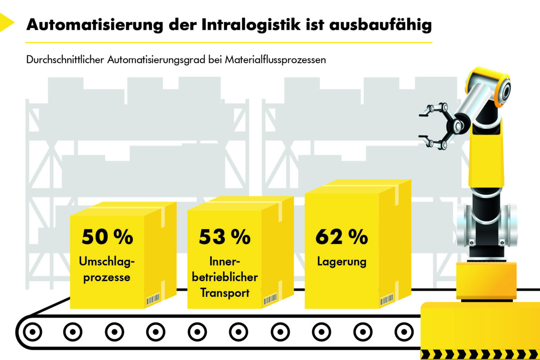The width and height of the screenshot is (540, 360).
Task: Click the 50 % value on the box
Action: [x=108, y=237]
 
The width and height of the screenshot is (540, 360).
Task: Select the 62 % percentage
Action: [x=342, y=237]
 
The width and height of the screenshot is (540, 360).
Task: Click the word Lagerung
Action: [x=342, y=261]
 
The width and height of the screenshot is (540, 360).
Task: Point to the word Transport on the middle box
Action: [x=225, y=292]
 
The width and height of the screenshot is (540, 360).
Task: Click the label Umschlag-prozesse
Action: [x=108, y=269]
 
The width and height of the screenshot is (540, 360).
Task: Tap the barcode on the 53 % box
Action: [x=270, y=299]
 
